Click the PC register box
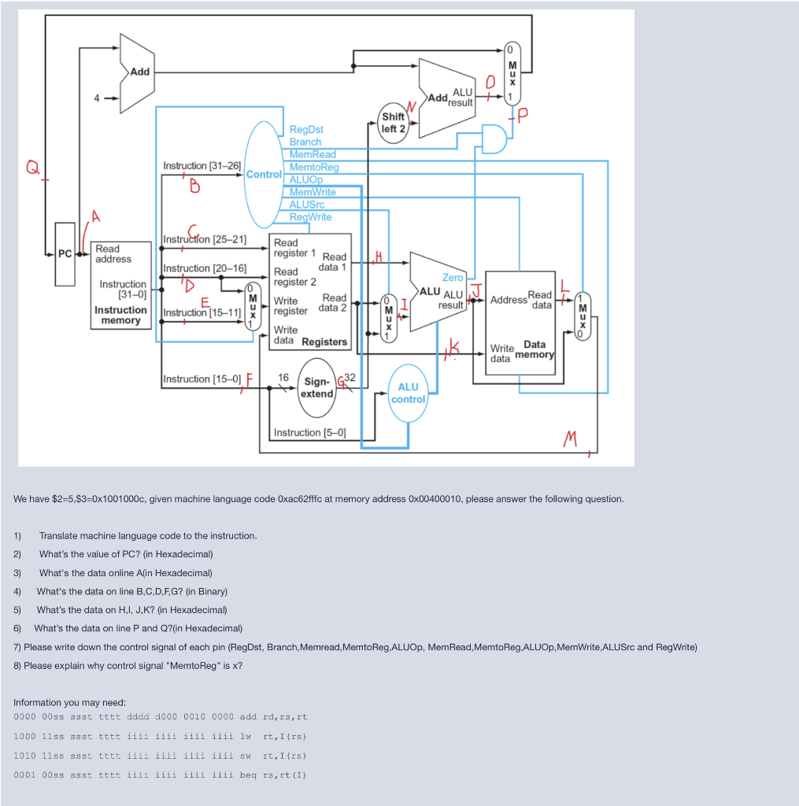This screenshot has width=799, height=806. [x=65, y=253]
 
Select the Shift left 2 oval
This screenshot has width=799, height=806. [x=393, y=122]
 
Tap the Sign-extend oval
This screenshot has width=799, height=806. [x=317, y=386]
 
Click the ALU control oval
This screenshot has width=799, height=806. [x=408, y=392]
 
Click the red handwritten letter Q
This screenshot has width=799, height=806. [x=32, y=167]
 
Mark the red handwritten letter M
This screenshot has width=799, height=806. [x=573, y=439]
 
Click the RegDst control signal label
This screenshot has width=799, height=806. [x=306, y=129]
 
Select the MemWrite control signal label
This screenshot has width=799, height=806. [x=313, y=192]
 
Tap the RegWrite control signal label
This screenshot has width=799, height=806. [x=311, y=217]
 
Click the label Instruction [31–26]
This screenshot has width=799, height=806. [x=202, y=166]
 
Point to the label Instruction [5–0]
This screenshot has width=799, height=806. [x=309, y=433]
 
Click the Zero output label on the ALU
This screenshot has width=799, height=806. [x=453, y=278]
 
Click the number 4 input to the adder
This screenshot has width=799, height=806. [x=97, y=99]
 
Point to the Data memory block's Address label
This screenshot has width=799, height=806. [x=509, y=300]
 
